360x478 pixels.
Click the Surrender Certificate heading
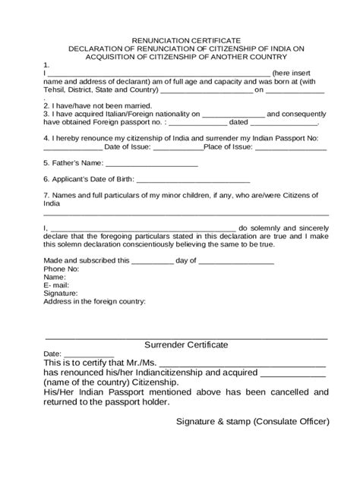click(x=186, y=344)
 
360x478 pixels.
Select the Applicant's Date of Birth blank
click(x=193, y=181)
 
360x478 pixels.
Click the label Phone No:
click(x=62, y=269)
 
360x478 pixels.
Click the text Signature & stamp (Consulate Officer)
click(x=252, y=420)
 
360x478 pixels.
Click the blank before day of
click(x=153, y=261)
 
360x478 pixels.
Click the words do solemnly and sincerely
click(x=283, y=227)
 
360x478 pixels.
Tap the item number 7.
click(x=46, y=197)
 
